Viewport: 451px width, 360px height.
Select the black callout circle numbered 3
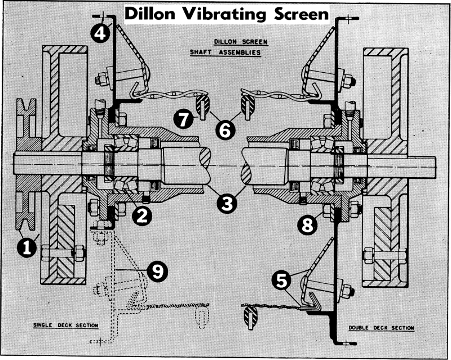[227, 203]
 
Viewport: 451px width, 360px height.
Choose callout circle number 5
[284, 278]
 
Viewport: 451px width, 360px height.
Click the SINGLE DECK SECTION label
[62, 326]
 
